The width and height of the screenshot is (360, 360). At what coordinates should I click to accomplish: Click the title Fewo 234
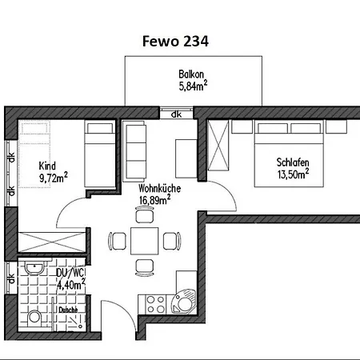pos(175,42)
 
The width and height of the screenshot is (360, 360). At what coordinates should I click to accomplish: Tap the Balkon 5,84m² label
pos(193,80)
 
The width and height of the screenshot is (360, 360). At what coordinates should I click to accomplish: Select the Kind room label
pos(53,172)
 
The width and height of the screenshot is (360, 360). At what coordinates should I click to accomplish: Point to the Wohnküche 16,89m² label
pos(159,194)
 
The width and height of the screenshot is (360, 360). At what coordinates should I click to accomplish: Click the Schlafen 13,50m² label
pos(293,168)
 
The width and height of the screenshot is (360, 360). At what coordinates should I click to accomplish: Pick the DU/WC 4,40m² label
pos(71,278)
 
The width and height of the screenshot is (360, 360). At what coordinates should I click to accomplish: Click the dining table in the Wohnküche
pos(145,241)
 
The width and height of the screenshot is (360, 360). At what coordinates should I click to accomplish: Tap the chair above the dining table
pos(145,214)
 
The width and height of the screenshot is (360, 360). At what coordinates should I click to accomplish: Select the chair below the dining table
pos(145,267)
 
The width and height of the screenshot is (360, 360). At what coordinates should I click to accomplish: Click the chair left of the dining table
pos(118,241)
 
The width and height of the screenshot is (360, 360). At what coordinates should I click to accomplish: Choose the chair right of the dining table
pos(172,241)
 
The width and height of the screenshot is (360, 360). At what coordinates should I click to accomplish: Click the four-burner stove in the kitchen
pos(155,305)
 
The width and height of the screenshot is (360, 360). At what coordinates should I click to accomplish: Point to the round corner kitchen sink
pos(183,304)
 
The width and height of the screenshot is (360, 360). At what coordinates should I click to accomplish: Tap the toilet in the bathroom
pos(34,318)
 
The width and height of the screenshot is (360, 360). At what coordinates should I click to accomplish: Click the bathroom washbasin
pos(34,268)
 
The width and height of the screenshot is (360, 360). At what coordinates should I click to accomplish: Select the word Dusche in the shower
pos(68,310)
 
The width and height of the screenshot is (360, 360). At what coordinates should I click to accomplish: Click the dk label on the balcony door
pos(176,114)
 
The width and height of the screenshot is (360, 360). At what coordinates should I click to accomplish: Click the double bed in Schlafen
pos(289,154)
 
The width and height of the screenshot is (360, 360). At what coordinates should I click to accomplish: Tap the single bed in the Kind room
pos(100,154)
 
